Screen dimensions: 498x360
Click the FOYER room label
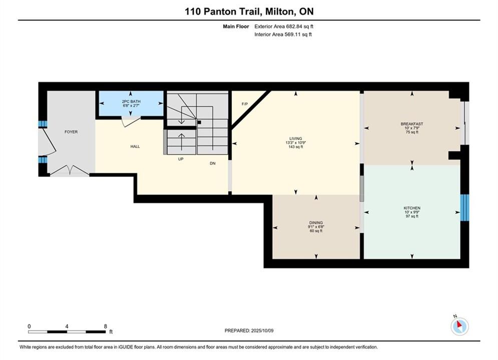point(71,132)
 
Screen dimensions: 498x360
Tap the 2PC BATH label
point(131,101)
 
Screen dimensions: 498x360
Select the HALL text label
point(135,146)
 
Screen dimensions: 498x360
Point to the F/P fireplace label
point(245,104)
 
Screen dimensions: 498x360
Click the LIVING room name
point(295,138)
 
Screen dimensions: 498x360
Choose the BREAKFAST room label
point(412,124)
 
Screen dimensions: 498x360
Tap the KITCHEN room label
point(412,208)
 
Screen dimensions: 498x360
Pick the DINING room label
point(316,222)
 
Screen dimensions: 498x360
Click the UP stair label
point(181,159)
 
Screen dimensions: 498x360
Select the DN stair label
point(213,163)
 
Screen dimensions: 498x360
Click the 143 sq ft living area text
point(296,147)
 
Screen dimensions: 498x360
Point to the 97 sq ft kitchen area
point(412,216)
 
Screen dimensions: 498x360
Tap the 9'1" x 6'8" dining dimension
point(316,227)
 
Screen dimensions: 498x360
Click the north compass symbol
point(459,325)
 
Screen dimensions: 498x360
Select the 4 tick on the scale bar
point(67,326)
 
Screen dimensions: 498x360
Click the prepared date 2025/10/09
point(262,330)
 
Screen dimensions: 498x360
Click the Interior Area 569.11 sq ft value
point(283,34)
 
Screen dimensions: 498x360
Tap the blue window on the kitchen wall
point(464,207)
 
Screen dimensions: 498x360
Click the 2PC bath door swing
point(131,122)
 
